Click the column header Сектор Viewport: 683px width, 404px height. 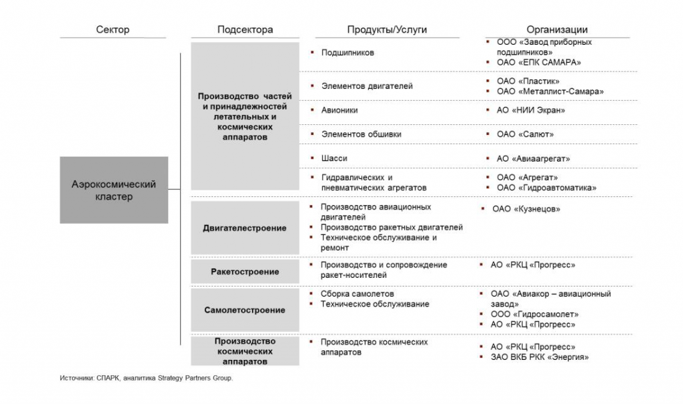(113, 29)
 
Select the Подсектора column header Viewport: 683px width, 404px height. (245, 29)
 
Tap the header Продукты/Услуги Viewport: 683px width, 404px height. (387, 29)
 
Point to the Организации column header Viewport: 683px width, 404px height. (557, 29)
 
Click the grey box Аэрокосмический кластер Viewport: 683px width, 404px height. (113, 190)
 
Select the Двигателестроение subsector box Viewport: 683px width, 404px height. (245, 228)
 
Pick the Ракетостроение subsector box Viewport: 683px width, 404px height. (245, 272)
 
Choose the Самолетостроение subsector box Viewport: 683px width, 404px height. (245, 310)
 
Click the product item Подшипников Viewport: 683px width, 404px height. (348, 52)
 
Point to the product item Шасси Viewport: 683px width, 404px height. (334, 158)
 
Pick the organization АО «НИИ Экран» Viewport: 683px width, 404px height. (531, 110)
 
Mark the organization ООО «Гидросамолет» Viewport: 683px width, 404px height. (538, 314)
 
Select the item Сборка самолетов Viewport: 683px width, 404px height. (357, 294)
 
